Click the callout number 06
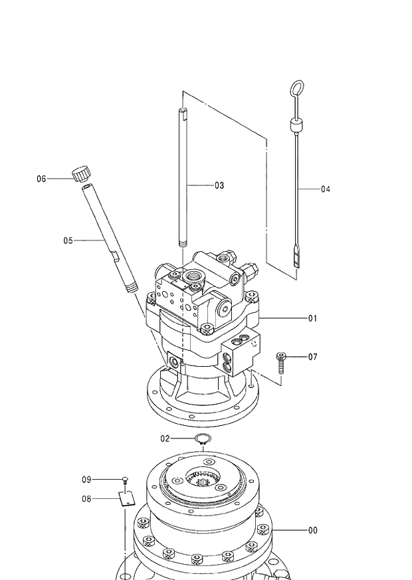(x=41, y=179)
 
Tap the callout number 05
(x=68, y=241)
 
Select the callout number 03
(x=219, y=185)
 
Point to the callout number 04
(x=325, y=189)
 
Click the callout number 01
(x=312, y=318)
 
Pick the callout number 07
(x=312, y=357)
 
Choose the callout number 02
(x=165, y=438)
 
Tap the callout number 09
(x=86, y=479)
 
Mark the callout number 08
(x=86, y=498)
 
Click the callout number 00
(x=312, y=530)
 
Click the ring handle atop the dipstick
(x=297, y=88)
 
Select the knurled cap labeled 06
(x=81, y=173)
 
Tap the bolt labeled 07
(x=281, y=363)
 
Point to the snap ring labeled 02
(x=203, y=438)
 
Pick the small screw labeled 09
(x=125, y=480)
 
